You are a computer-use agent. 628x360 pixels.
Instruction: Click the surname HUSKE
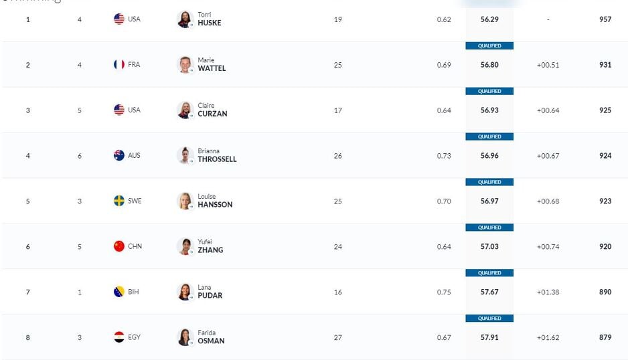[209, 23]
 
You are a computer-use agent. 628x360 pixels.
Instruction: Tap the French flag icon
[119, 65]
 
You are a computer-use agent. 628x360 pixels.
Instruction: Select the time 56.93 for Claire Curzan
[489, 110]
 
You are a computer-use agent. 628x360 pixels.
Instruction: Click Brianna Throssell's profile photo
[185, 155]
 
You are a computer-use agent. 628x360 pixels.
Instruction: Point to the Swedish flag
[119, 201]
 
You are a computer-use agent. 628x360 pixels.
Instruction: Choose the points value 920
[605, 247]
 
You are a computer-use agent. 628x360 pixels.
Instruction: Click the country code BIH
[134, 292]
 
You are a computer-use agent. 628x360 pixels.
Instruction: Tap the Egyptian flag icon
[119, 337]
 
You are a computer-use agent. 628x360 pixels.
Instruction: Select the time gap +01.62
[548, 338]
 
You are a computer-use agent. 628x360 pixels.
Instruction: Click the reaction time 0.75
[444, 292]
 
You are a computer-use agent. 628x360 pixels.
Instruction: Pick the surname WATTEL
[212, 68]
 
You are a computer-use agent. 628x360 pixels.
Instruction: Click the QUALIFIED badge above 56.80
[489, 46]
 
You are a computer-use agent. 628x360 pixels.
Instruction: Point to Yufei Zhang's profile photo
[185, 246]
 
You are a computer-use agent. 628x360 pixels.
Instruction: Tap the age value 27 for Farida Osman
[337, 338]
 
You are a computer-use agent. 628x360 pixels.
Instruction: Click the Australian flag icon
[119, 155]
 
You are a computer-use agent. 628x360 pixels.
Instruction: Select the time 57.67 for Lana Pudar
[489, 292]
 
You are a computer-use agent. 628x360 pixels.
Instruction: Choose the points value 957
[605, 19]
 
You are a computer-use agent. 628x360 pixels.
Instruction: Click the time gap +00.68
[548, 201]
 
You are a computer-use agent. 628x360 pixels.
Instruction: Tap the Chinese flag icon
[119, 246]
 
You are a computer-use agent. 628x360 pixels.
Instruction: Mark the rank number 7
[27, 292]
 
